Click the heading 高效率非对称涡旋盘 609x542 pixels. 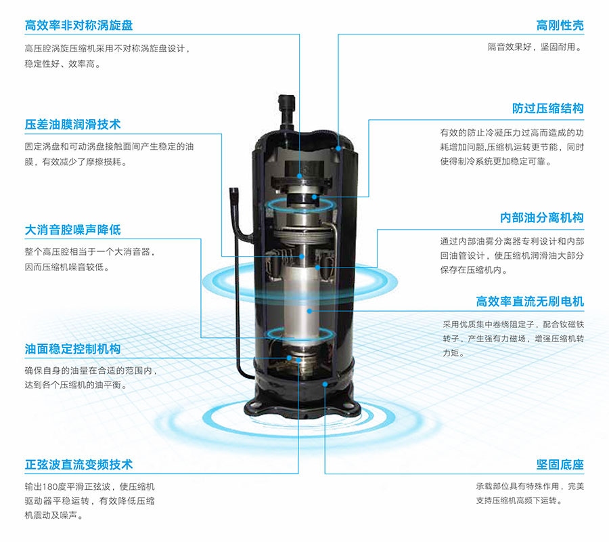tap(78, 26)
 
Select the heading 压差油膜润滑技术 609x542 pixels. tap(72, 125)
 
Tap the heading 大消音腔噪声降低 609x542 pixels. tap(72, 230)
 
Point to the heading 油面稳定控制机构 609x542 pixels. tap(72, 349)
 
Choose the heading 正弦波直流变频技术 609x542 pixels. tap(78, 465)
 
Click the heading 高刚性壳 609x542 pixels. tap(560, 26)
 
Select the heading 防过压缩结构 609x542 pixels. tap(547, 108)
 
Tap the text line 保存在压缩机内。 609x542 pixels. tap(474, 270)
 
